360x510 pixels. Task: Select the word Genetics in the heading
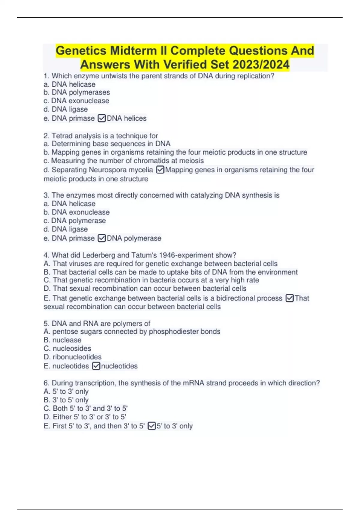tap(81, 51)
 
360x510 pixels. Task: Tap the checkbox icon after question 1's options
tap(102, 118)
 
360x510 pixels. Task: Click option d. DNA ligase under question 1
tap(66, 109)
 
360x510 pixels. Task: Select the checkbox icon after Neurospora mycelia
tap(160, 170)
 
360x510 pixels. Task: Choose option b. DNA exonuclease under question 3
tap(76, 212)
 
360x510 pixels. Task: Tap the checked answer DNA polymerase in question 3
tap(134, 238)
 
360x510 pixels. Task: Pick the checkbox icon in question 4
tap(289, 298)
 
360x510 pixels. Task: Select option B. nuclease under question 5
tap(62, 340)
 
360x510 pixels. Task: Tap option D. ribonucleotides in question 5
tap(73, 357)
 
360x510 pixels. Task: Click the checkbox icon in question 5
tap(96, 366)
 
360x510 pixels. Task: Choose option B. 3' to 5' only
tap(66, 400)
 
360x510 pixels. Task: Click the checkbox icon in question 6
tap(152, 426)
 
